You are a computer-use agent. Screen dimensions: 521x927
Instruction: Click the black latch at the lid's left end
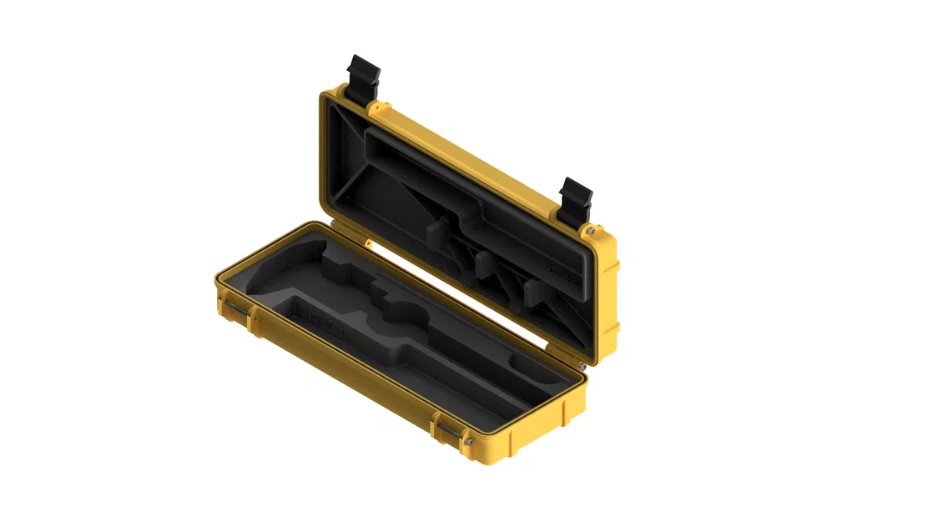point(364,79)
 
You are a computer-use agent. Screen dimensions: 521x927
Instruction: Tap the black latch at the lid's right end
point(575,200)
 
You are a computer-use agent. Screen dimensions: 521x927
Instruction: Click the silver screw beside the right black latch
point(591,230)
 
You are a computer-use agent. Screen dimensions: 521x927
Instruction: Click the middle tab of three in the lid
point(485,265)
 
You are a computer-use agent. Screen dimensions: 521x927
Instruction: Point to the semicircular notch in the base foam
point(405,312)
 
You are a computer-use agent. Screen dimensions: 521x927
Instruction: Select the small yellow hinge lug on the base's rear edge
point(368,243)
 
